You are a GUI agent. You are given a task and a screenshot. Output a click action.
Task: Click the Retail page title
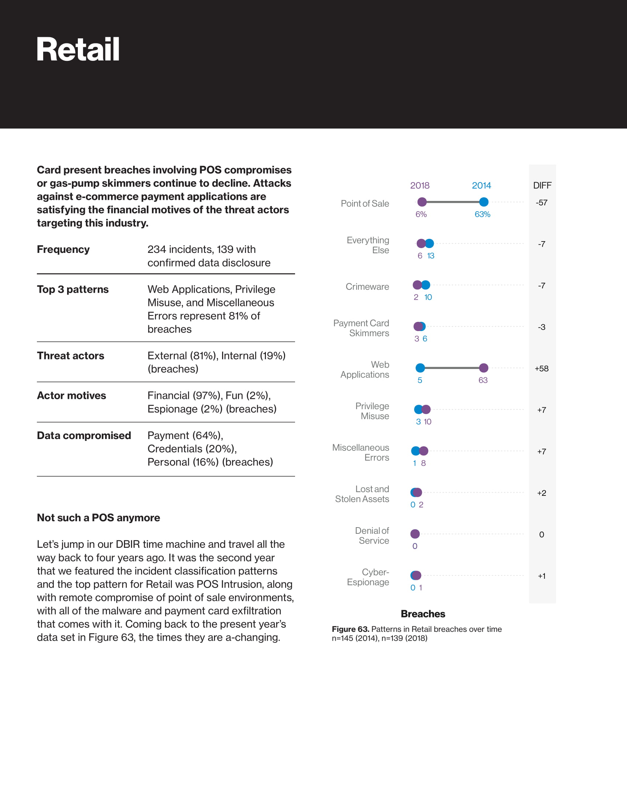pyautogui.click(x=78, y=50)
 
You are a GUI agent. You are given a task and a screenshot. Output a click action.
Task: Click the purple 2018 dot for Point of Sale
pyautogui.click(x=422, y=202)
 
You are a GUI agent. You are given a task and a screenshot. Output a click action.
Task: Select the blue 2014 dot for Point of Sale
pyautogui.click(x=484, y=202)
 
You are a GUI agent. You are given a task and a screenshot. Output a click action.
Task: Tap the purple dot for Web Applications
pyautogui.click(x=484, y=368)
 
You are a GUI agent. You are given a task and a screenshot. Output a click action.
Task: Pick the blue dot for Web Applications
pyautogui.click(x=420, y=368)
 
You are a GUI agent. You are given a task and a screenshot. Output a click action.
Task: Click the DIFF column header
pyautogui.click(x=542, y=185)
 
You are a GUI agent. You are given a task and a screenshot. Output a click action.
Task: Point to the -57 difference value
pyautogui.click(x=541, y=203)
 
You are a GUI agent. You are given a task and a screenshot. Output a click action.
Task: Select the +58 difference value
pyautogui.click(x=541, y=369)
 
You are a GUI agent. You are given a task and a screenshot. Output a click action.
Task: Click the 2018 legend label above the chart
pyautogui.click(x=420, y=185)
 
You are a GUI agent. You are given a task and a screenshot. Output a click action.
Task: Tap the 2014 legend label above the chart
pyautogui.click(x=481, y=185)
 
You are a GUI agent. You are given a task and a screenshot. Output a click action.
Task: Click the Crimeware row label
pyautogui.click(x=367, y=287)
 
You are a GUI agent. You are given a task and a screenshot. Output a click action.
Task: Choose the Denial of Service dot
pyautogui.click(x=415, y=534)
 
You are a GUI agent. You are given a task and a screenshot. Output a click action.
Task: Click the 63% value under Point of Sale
pyautogui.click(x=482, y=214)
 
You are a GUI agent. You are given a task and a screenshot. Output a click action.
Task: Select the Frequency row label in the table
pyautogui.click(x=63, y=250)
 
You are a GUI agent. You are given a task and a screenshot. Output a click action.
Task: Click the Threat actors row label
pyautogui.click(x=70, y=356)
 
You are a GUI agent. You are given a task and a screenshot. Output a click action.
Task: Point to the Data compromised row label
pyautogui.click(x=84, y=436)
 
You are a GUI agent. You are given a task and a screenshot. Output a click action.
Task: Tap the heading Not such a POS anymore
pyautogui.click(x=98, y=518)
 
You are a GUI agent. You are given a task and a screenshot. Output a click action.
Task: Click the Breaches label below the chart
pyautogui.click(x=423, y=614)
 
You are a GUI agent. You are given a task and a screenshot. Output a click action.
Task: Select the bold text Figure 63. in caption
pyautogui.click(x=350, y=629)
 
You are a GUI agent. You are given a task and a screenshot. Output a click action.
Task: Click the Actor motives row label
pyautogui.click(x=71, y=396)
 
